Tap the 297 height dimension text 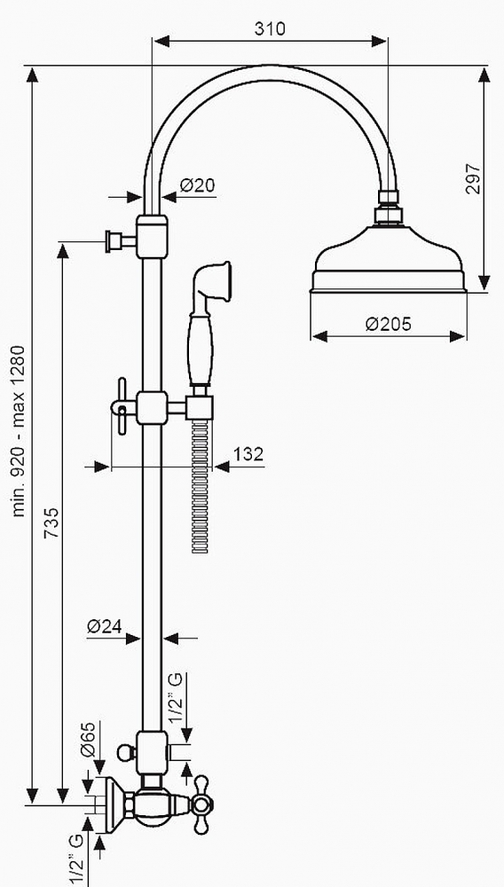click(x=473, y=179)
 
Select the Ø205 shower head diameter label click(x=388, y=324)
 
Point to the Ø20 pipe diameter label click(x=198, y=185)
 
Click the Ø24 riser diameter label click(x=106, y=626)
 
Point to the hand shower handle click(x=201, y=348)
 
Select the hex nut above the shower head click(x=388, y=216)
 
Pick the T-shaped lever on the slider click(x=122, y=407)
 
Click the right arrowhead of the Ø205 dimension click(x=458, y=336)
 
